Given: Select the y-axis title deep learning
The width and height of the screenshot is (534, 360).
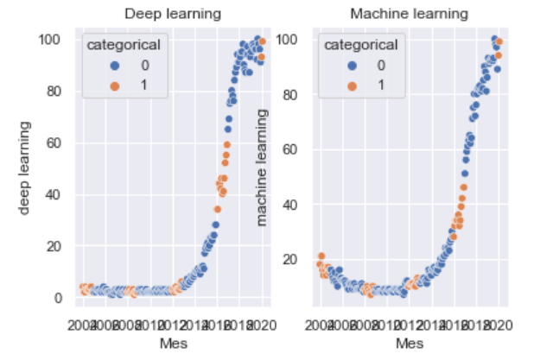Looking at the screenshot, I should coord(25,169).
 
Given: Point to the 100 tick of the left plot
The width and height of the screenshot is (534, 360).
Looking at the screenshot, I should coord(48,39).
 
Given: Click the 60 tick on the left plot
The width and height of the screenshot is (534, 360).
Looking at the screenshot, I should coord(52,142).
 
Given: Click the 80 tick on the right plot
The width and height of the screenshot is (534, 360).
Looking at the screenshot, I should coord(289,94).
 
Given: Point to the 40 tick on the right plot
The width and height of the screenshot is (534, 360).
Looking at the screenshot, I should coord(289,205).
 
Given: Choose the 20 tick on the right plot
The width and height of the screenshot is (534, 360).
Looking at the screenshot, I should coord(289,259).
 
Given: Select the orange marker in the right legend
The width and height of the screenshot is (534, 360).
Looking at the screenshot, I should coord(331,83).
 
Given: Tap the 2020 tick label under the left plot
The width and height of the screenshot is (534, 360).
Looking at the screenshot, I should coord(259,325).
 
